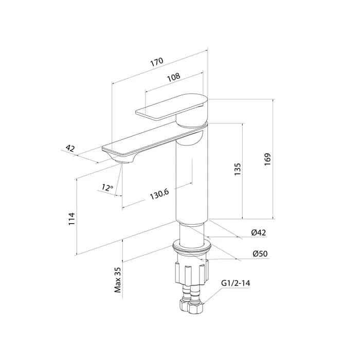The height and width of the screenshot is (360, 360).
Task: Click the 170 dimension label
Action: click(x=157, y=62)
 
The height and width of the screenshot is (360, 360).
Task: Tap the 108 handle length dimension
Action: click(x=174, y=77)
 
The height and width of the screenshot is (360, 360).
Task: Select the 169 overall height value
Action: click(x=267, y=159)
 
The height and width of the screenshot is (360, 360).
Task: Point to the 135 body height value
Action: click(x=238, y=169)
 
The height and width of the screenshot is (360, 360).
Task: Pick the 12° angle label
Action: click(x=107, y=188)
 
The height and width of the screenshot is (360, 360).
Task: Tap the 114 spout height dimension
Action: click(x=72, y=219)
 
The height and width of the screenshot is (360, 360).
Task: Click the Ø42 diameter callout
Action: click(x=259, y=232)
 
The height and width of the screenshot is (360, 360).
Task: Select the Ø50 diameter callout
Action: click(x=260, y=254)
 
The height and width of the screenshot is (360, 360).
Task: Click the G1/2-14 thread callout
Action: click(x=236, y=283)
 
